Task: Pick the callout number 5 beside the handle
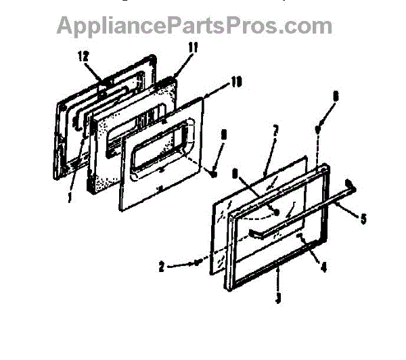(363, 219)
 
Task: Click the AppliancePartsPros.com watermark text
(194, 26)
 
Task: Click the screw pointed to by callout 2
(196, 262)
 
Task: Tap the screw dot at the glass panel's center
(276, 211)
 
